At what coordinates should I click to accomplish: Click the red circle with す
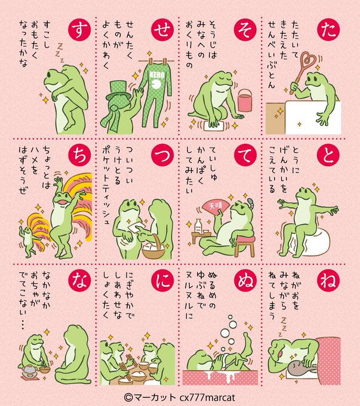(x=80, y=29)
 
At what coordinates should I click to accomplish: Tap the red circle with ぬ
(x=245, y=281)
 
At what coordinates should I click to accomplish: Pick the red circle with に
(x=162, y=281)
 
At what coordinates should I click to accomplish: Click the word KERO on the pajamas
(x=156, y=75)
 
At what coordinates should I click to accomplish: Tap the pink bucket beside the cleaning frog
(x=245, y=100)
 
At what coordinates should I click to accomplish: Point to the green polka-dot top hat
(x=118, y=91)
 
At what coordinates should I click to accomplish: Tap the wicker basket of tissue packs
(x=154, y=248)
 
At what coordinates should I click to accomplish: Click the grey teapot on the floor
(x=29, y=373)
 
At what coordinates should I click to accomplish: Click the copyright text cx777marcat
(x=207, y=398)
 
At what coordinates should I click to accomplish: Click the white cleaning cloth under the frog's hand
(x=214, y=126)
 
